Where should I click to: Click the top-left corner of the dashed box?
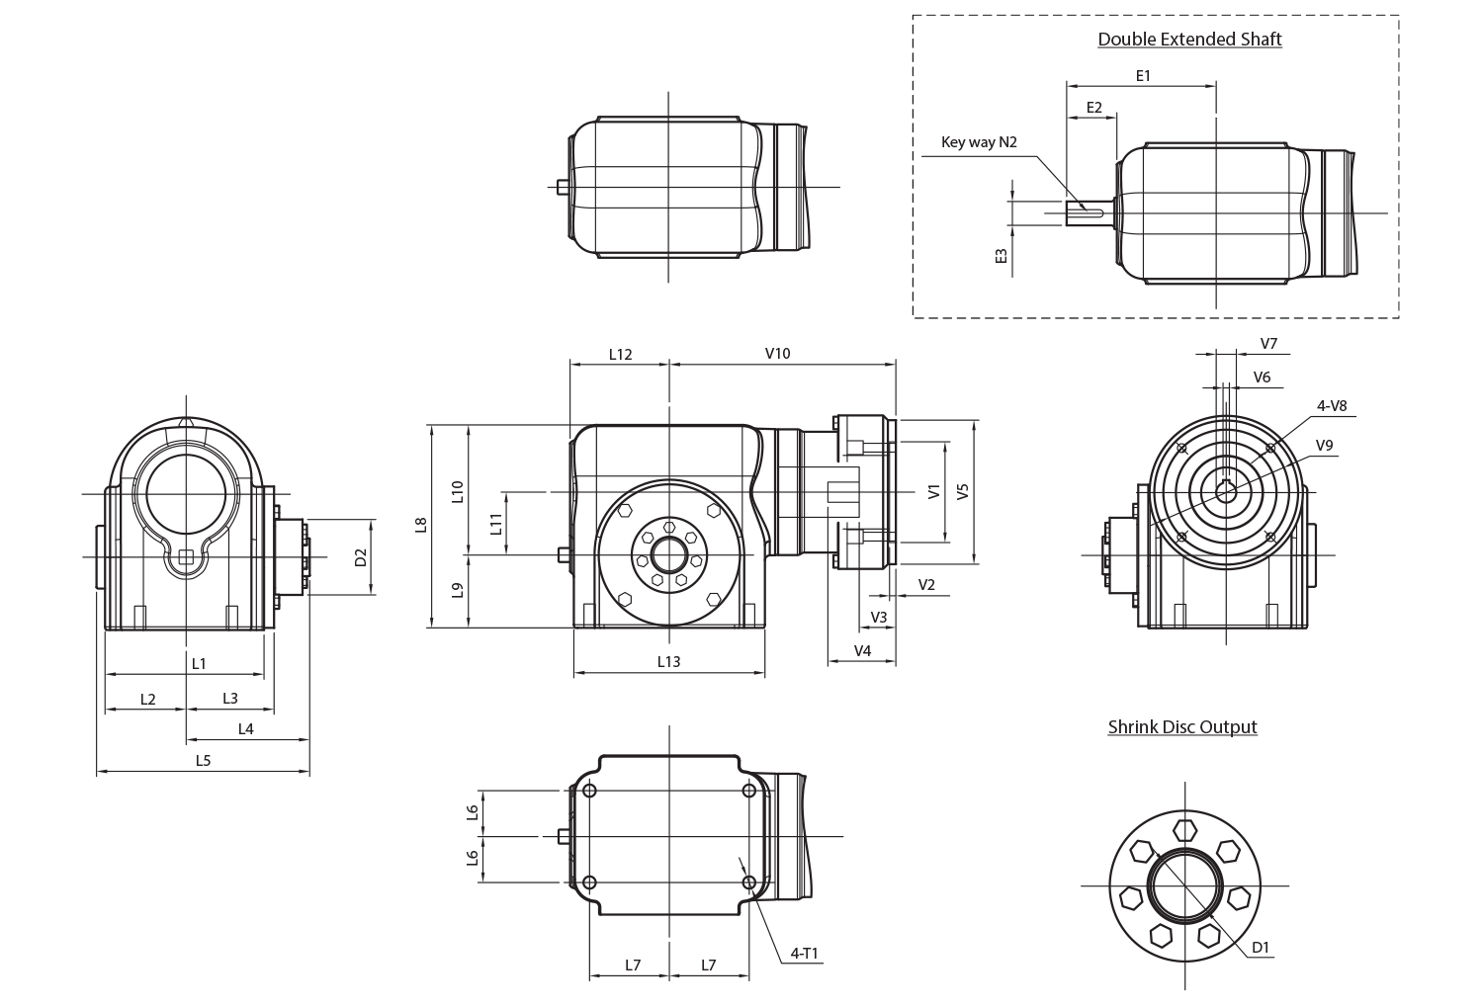tap(913, 16)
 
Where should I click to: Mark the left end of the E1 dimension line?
tap(1067, 86)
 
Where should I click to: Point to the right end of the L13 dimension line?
tap(764, 674)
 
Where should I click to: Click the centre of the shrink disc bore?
tap(1185, 885)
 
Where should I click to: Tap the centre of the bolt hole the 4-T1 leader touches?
tap(749, 882)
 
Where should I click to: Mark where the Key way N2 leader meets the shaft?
tap(1086, 210)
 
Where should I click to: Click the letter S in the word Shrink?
tap(1113, 726)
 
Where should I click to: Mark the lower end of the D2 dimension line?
tap(372, 594)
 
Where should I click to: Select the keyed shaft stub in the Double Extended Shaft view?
tap(1091, 213)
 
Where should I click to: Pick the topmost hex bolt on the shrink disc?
tap(1184, 830)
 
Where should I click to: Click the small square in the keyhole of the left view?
tap(186, 557)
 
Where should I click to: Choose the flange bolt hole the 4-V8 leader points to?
tap(1270, 448)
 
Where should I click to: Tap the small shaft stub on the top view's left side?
tap(563, 188)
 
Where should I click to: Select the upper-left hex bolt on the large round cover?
tap(625, 510)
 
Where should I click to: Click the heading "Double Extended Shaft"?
tap(1189, 40)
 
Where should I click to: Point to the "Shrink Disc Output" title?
tap(1182, 726)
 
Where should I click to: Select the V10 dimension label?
tap(778, 354)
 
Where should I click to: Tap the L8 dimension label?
tap(420, 525)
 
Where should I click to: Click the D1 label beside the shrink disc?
tap(1261, 948)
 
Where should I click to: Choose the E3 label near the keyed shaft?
tap(1001, 256)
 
